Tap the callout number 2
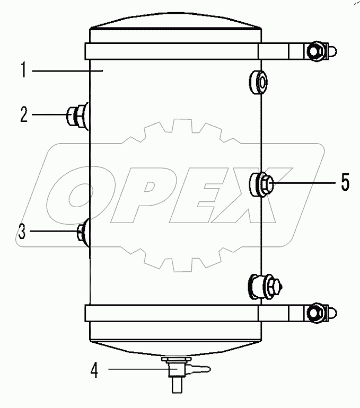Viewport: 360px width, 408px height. [x=24, y=115]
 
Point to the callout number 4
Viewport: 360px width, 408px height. [x=94, y=371]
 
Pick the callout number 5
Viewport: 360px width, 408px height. [x=345, y=183]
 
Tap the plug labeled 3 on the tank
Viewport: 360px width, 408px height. [x=83, y=232]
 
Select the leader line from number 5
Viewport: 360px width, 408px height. [x=302, y=183]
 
